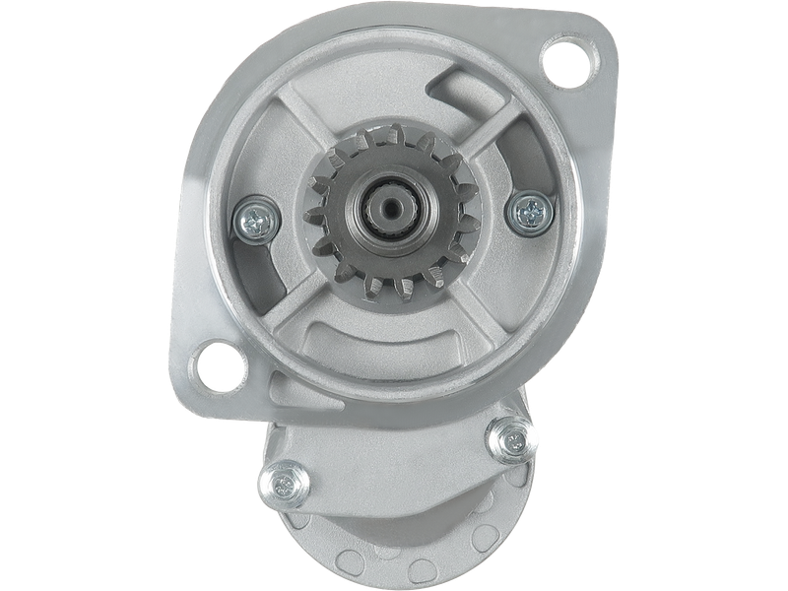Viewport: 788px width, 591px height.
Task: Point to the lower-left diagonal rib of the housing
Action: pos(295,295)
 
